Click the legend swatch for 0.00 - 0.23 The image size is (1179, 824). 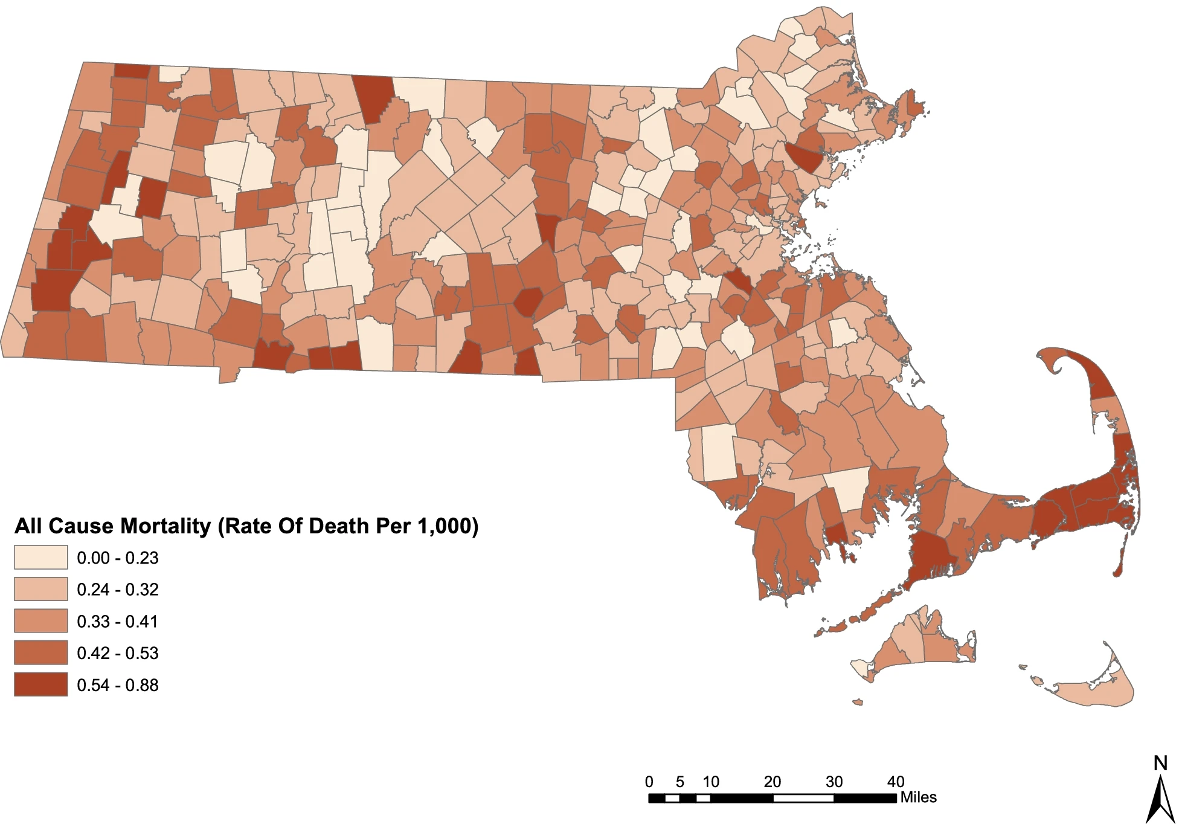click(40, 557)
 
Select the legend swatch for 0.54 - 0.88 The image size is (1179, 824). click(40, 684)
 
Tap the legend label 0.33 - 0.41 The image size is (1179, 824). click(117, 621)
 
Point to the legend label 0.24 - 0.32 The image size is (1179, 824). click(117, 589)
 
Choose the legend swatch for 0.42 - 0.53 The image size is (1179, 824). click(40, 652)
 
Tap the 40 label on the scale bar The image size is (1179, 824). click(895, 782)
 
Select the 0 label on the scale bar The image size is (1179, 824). click(649, 782)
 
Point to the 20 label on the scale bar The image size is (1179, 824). click(773, 782)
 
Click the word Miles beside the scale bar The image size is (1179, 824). click(919, 797)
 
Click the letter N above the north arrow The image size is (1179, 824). click(1160, 764)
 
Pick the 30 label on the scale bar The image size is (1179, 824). click(834, 782)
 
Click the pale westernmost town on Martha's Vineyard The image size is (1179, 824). click(859, 667)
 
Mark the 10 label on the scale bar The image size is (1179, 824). click(711, 782)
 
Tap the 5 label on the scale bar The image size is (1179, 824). click(680, 782)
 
